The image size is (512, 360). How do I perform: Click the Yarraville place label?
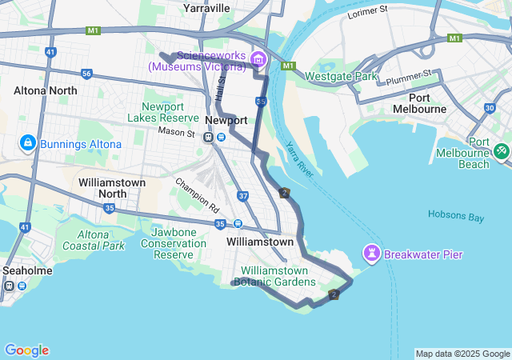point(206,8)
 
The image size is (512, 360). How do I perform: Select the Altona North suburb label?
point(46,90)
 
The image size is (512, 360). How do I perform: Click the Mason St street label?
point(176,131)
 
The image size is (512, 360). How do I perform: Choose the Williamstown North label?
point(112,188)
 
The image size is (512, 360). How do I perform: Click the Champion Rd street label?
point(198,194)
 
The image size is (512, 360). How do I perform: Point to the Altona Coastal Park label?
point(94,240)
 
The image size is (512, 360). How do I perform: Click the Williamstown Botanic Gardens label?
point(274,276)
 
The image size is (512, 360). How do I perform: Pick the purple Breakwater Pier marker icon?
point(372,254)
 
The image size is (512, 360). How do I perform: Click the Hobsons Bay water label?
point(456,214)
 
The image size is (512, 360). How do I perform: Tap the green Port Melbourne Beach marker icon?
point(501,150)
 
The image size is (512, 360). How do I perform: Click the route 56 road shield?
point(86,74)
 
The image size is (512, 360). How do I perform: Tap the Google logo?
point(26,350)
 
